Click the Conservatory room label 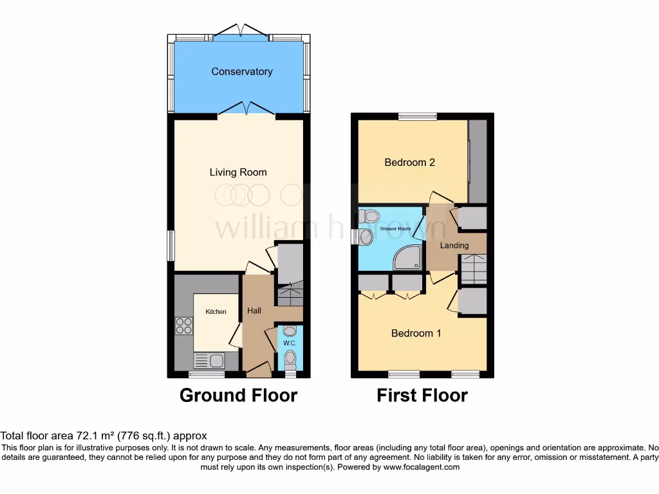pos(241,71)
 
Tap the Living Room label pos(238,172)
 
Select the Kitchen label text pos(216,312)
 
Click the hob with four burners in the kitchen pos(183,326)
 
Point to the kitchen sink pos(208,360)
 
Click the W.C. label pos(289,343)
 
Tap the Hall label pos(254,311)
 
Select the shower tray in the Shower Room pos(409,258)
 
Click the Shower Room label pos(395,229)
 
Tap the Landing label pos(454,245)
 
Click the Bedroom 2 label pos(409,162)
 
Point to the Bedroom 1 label pos(416,333)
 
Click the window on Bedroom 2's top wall pos(416,117)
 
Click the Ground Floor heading pos(238,395)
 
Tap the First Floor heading pos(422,395)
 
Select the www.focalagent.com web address pos(422,467)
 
